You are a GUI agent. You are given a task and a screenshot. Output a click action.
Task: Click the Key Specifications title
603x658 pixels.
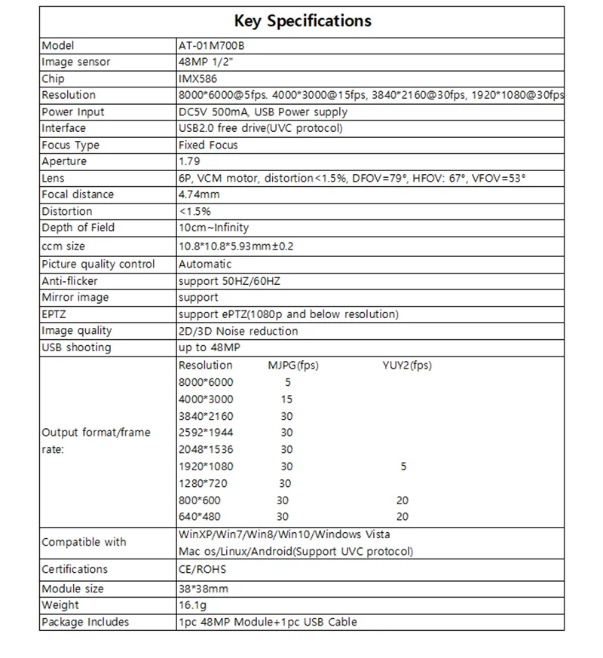(302, 21)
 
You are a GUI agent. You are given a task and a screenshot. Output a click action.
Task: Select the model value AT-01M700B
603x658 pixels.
(212, 45)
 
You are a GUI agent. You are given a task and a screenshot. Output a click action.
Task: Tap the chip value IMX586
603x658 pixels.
(197, 78)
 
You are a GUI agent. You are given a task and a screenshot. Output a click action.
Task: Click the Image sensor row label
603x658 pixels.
(76, 62)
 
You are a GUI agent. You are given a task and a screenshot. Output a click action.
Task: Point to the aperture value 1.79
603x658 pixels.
(189, 161)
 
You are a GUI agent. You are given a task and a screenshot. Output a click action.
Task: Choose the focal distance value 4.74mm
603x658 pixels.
(200, 194)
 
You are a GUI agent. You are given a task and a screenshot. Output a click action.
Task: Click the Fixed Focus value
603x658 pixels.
(208, 145)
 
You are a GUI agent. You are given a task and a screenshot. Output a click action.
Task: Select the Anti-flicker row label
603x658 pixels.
(70, 281)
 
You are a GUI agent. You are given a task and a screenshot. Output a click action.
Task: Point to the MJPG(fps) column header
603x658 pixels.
(293, 366)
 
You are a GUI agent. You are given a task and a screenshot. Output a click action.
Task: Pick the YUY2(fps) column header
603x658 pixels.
(406, 366)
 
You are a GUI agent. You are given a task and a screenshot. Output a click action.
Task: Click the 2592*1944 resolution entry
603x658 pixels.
(206, 433)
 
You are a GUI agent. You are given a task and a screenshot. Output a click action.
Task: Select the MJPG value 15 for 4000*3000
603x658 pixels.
(286, 399)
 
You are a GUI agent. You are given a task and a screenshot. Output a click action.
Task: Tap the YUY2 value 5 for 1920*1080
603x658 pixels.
(403, 467)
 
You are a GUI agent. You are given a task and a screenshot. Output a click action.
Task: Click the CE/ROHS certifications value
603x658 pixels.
(202, 569)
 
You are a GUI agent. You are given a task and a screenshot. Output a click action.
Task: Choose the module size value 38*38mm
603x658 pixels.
(204, 589)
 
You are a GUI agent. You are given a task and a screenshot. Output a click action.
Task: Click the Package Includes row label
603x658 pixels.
(85, 622)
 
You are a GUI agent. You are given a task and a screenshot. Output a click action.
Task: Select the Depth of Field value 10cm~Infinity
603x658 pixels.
(213, 228)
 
